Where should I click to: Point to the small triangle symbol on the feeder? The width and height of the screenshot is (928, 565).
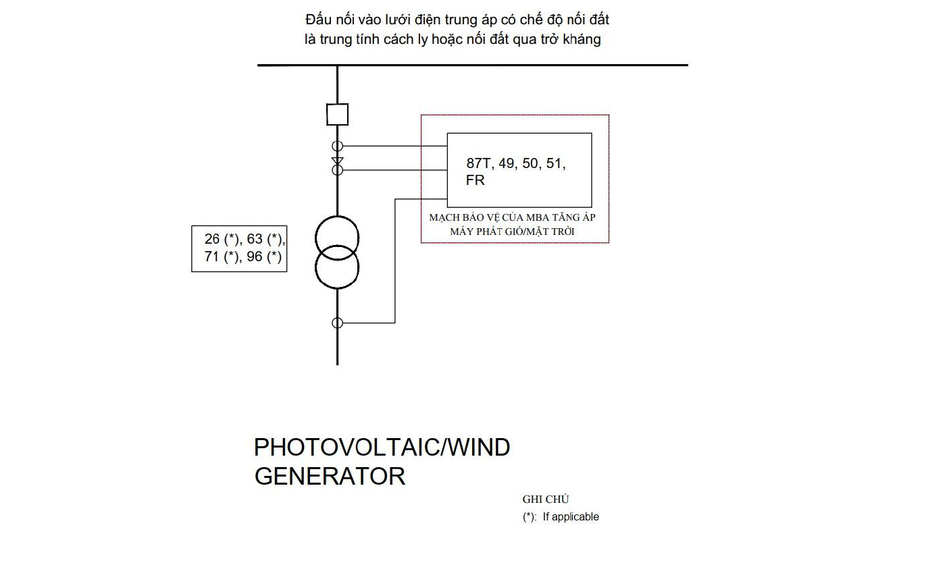coord(338,161)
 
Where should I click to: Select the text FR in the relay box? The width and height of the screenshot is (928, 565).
coord(475,180)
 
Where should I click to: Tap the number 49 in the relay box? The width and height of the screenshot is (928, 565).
coord(507,163)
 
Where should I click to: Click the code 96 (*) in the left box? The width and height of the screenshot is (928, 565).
coord(264,257)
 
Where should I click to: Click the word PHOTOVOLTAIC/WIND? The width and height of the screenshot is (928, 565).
coord(382,448)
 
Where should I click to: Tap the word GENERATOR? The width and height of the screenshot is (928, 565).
coord(330,477)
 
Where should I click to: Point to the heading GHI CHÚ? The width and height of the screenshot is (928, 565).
coord(546,500)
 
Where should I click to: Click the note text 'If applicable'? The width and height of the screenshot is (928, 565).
coord(571,517)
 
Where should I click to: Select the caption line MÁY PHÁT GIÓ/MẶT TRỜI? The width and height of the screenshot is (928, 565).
coord(512,232)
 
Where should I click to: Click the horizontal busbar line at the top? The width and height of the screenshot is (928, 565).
coord(473,65)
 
